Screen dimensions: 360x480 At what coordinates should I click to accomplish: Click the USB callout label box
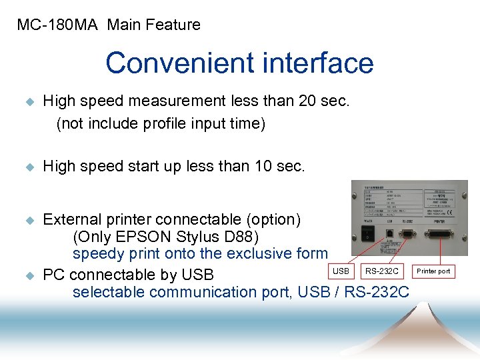point(341,271)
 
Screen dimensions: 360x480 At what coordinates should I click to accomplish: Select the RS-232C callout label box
point(381,271)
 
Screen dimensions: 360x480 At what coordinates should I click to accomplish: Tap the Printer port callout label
point(433,271)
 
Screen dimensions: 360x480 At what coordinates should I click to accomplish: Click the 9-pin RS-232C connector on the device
point(407,234)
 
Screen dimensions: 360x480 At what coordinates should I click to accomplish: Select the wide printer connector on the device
point(439,235)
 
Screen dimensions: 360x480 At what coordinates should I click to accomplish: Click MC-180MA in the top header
point(57,25)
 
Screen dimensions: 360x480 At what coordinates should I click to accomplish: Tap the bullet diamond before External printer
point(28,219)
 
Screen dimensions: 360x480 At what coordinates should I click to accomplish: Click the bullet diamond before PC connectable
point(28,275)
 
